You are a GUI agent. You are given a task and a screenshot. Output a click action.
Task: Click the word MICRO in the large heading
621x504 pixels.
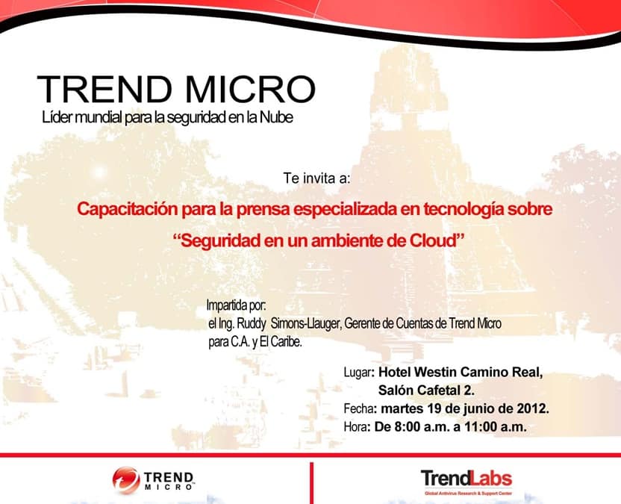[x=250, y=89]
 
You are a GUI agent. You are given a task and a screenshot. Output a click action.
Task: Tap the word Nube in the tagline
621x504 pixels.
[x=276, y=118]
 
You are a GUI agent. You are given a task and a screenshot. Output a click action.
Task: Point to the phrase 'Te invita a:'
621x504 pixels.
[x=316, y=178]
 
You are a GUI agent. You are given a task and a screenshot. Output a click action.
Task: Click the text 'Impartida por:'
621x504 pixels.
[x=237, y=305]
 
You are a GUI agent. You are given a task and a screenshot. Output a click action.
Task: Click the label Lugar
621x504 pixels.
[x=358, y=373]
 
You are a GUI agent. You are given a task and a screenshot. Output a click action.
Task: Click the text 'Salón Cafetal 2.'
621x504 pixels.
[x=426, y=391]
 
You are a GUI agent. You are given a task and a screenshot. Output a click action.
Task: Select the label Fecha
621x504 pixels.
[x=359, y=408]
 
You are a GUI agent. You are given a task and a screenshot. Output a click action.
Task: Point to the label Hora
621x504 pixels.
[x=355, y=427]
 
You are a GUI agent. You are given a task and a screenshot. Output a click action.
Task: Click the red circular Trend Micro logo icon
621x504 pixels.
[x=126, y=481]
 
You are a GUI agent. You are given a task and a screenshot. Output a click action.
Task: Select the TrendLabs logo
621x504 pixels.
[x=466, y=482]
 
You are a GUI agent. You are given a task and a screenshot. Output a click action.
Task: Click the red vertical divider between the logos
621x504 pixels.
[x=312, y=483]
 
